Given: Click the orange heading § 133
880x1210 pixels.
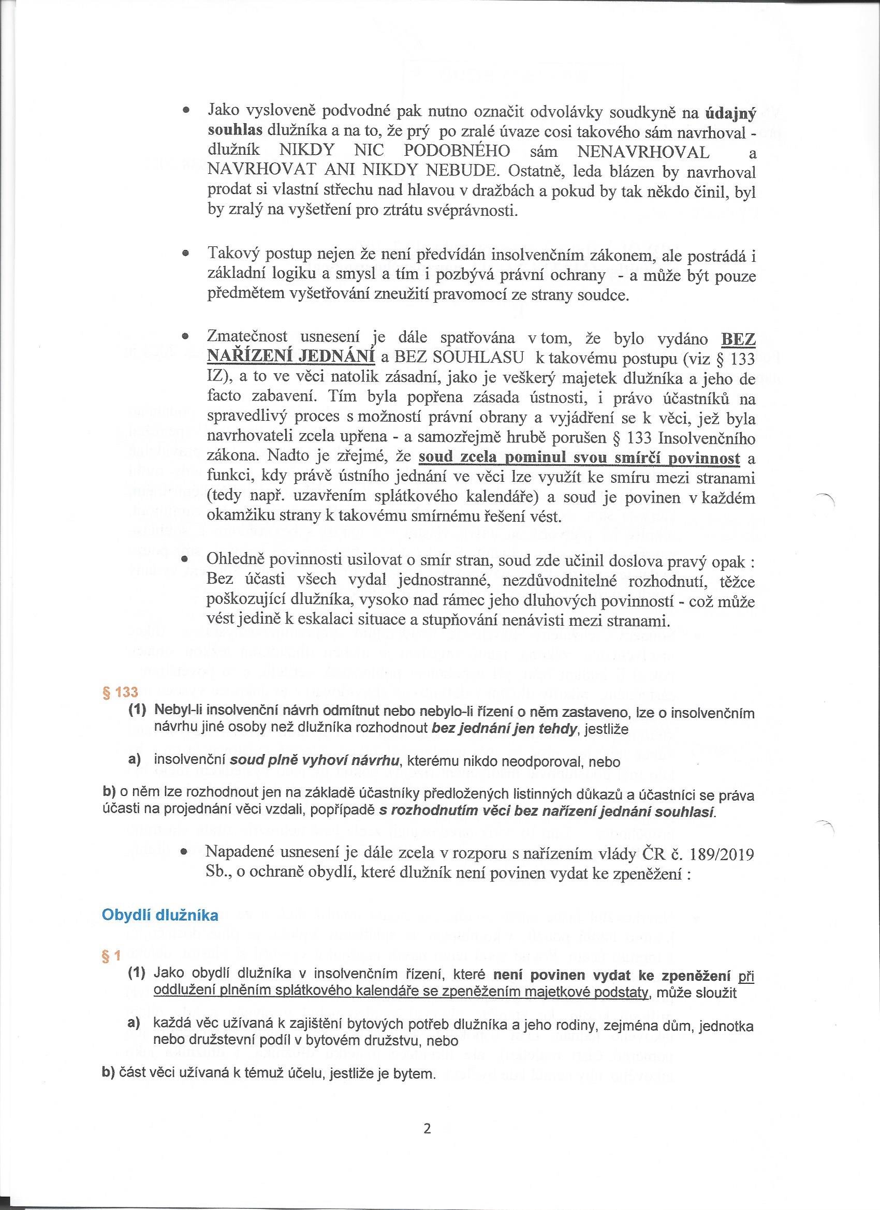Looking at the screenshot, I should tap(120, 692).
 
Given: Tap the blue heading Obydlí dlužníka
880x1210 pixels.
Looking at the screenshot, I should tap(160, 915).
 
